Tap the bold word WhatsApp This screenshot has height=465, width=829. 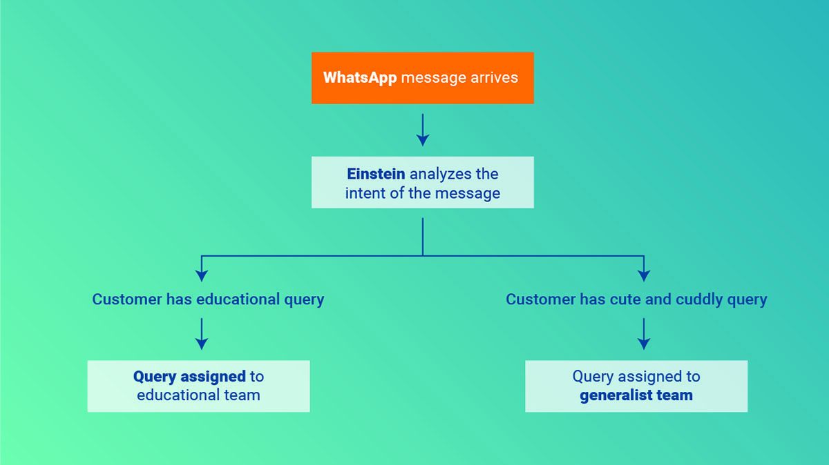tap(360, 77)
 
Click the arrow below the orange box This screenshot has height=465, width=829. tap(423, 130)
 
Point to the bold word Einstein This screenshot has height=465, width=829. tap(376, 174)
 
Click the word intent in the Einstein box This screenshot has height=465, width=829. tap(366, 193)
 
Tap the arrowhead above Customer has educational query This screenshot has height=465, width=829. tap(202, 274)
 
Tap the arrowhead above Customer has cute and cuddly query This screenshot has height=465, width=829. tap(644, 274)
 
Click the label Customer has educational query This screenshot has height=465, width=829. tap(208, 299)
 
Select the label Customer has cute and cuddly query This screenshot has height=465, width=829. tap(636, 299)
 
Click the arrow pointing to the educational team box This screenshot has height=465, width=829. tap(202, 335)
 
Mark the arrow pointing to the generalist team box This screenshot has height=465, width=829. tap(644, 335)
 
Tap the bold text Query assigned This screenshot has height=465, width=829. tap(189, 377)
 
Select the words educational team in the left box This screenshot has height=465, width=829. tap(198, 395)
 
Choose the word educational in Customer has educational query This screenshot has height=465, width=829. tap(238, 299)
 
